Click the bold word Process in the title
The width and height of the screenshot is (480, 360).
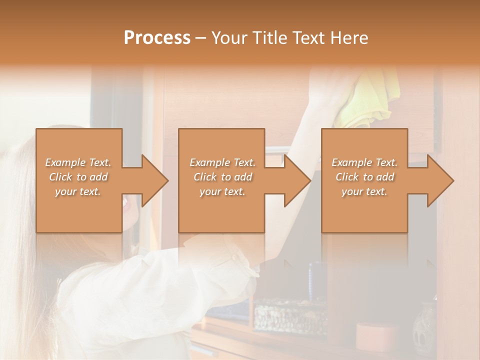(x=157, y=38)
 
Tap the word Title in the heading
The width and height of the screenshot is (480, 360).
(x=266, y=38)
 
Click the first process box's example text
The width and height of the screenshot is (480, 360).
(x=78, y=176)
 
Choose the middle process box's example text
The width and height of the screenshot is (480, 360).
(x=222, y=176)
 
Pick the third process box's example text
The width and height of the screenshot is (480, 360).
(x=364, y=176)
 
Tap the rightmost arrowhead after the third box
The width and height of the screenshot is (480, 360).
(x=439, y=180)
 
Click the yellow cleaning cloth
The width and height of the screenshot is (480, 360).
(x=366, y=100)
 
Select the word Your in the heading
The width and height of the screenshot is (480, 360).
(x=229, y=38)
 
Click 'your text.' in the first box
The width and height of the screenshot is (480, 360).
(x=78, y=191)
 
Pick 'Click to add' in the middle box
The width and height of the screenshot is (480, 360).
(x=222, y=176)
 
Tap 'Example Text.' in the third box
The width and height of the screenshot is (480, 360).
(x=364, y=162)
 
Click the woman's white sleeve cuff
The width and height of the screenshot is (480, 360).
(x=245, y=265)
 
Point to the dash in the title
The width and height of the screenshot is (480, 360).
(x=201, y=38)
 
